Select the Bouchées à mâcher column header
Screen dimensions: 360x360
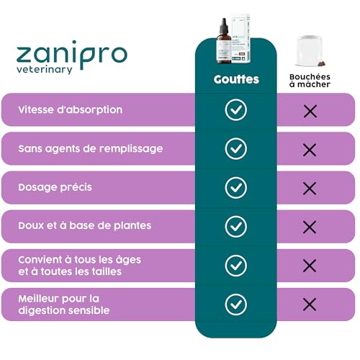coord(310,80)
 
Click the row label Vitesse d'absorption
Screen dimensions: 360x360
coord(71,109)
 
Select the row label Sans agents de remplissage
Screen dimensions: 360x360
coord(91,148)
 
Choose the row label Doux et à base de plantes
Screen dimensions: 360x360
coord(85,225)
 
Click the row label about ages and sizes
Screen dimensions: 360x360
coord(81,265)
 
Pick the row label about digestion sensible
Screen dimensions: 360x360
coord(65,304)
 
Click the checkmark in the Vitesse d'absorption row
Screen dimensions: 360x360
coord(235,110)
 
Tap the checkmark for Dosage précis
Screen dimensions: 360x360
coord(235,188)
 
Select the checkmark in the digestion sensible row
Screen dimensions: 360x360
coord(235,305)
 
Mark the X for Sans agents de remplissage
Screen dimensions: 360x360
coord(310,150)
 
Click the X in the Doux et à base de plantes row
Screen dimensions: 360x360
coord(310,227)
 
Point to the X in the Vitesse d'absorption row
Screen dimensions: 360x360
coord(310,111)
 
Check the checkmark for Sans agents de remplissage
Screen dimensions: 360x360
coord(235,149)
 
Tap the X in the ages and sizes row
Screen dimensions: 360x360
coord(310,266)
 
